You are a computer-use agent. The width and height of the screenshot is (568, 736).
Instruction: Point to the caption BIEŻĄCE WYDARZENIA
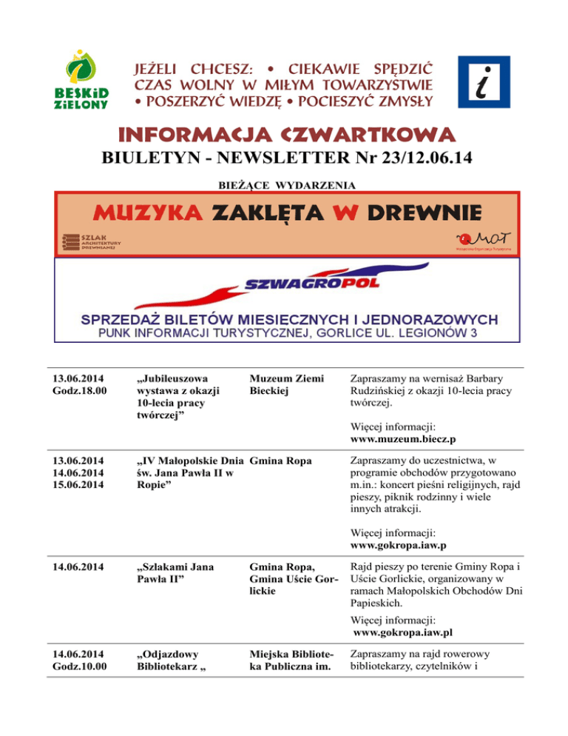(x=283, y=183)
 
